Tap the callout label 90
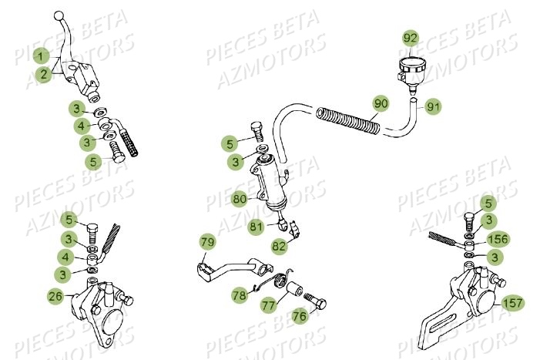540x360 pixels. pyautogui.click(x=381, y=103)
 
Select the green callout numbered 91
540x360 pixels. pyautogui.click(x=433, y=107)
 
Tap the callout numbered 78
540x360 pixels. pyautogui.click(x=240, y=294)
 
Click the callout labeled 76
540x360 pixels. pyautogui.click(x=299, y=316)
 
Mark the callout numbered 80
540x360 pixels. pyautogui.click(x=240, y=198)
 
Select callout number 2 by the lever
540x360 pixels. pyautogui.click(x=45, y=74)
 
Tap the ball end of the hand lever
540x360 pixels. pyautogui.click(x=59, y=15)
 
